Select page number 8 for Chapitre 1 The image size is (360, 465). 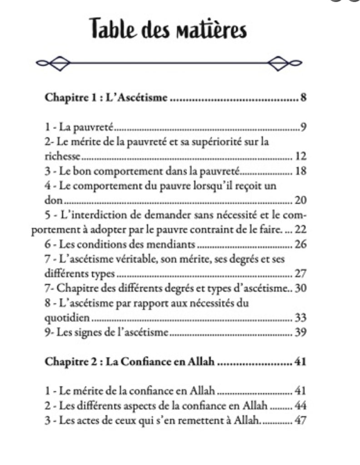pyautogui.click(x=303, y=97)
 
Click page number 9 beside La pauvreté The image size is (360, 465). pyautogui.click(x=303, y=127)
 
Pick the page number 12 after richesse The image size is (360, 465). pyautogui.click(x=301, y=157)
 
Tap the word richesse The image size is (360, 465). pyautogui.click(x=62, y=157)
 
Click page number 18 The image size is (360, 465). pyautogui.click(x=301, y=171)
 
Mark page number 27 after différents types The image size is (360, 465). pyautogui.click(x=301, y=274)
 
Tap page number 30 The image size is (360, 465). pyautogui.click(x=301, y=288)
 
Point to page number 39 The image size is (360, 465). pyautogui.click(x=301, y=333)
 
